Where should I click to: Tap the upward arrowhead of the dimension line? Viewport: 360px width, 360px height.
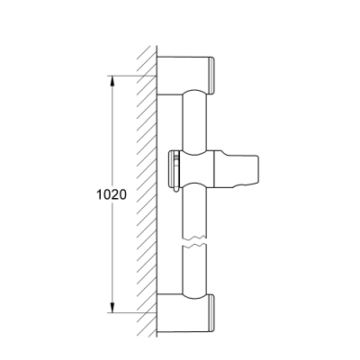[110, 79]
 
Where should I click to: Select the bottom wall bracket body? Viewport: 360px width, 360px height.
[184, 311]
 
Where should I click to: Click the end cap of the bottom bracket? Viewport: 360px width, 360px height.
[215, 311]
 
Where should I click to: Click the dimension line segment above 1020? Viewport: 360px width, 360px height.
[110, 135]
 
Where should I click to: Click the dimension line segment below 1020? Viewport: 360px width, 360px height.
[110, 256]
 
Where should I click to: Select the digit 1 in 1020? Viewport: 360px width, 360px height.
[94, 193]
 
